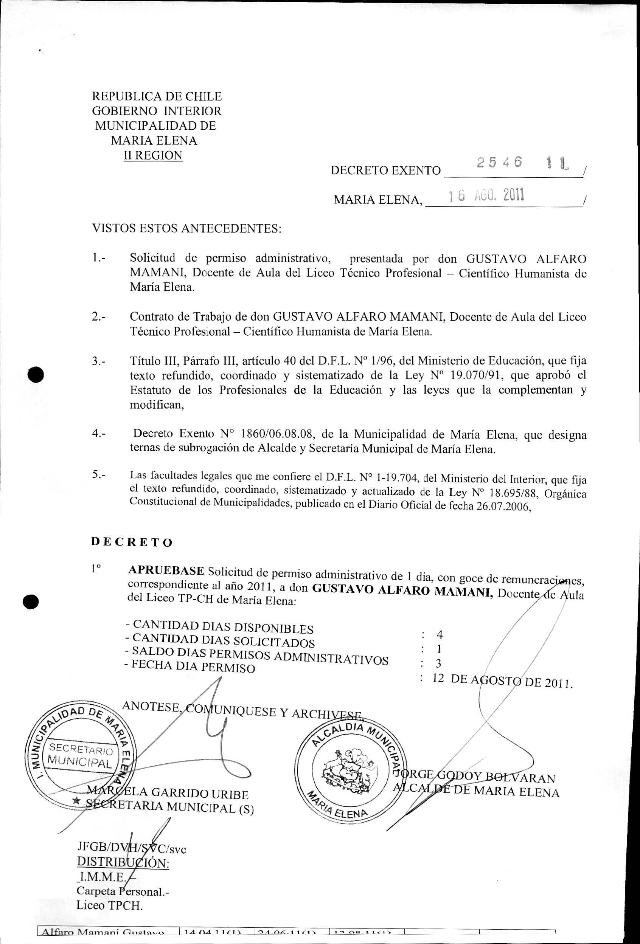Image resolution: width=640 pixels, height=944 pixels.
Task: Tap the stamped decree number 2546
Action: (499, 163)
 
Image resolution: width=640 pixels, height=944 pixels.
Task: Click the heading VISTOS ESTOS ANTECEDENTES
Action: (186, 228)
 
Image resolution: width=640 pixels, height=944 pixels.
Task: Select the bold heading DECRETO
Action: (132, 542)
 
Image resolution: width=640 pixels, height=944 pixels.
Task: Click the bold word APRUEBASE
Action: (166, 570)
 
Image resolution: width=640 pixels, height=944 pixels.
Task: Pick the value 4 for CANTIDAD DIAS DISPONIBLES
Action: (439, 634)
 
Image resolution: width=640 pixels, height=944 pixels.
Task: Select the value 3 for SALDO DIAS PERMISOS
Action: (438, 663)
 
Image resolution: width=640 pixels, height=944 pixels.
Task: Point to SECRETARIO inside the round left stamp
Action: (81, 748)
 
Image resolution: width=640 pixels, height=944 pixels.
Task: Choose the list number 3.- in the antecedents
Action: (99, 361)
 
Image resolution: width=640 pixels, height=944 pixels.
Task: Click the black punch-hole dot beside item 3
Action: (36, 374)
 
